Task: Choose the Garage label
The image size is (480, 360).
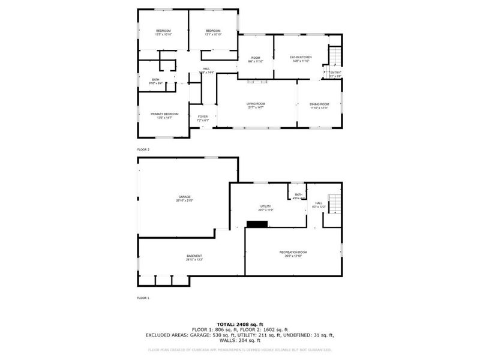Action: pos(184,197)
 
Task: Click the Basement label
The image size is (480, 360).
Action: pos(194,257)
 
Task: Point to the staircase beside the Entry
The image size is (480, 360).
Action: pos(335,57)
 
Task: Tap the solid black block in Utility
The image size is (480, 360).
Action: pos(257,224)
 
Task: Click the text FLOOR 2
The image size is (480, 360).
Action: pos(143,149)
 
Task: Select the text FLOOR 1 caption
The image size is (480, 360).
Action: pos(143,298)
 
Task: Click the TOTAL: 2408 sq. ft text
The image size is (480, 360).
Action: pos(240,324)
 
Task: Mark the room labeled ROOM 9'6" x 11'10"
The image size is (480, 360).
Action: pos(256,59)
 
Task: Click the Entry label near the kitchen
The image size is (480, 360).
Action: pos(335,74)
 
